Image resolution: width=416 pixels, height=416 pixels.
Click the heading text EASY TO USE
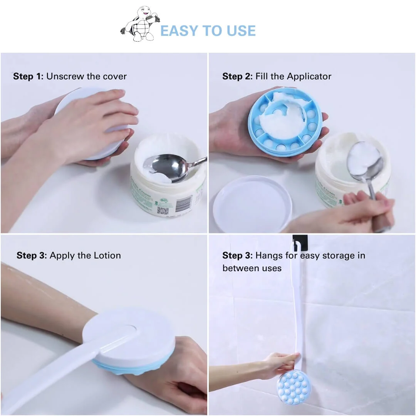pos(208,31)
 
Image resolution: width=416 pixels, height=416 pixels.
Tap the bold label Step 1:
pos(29,76)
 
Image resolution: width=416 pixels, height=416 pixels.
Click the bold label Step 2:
pos(238,76)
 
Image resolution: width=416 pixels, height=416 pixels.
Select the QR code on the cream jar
pos(163,211)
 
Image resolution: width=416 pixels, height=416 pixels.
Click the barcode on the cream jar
pos(186,203)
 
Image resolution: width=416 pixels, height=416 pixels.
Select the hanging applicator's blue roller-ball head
pos(294,387)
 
